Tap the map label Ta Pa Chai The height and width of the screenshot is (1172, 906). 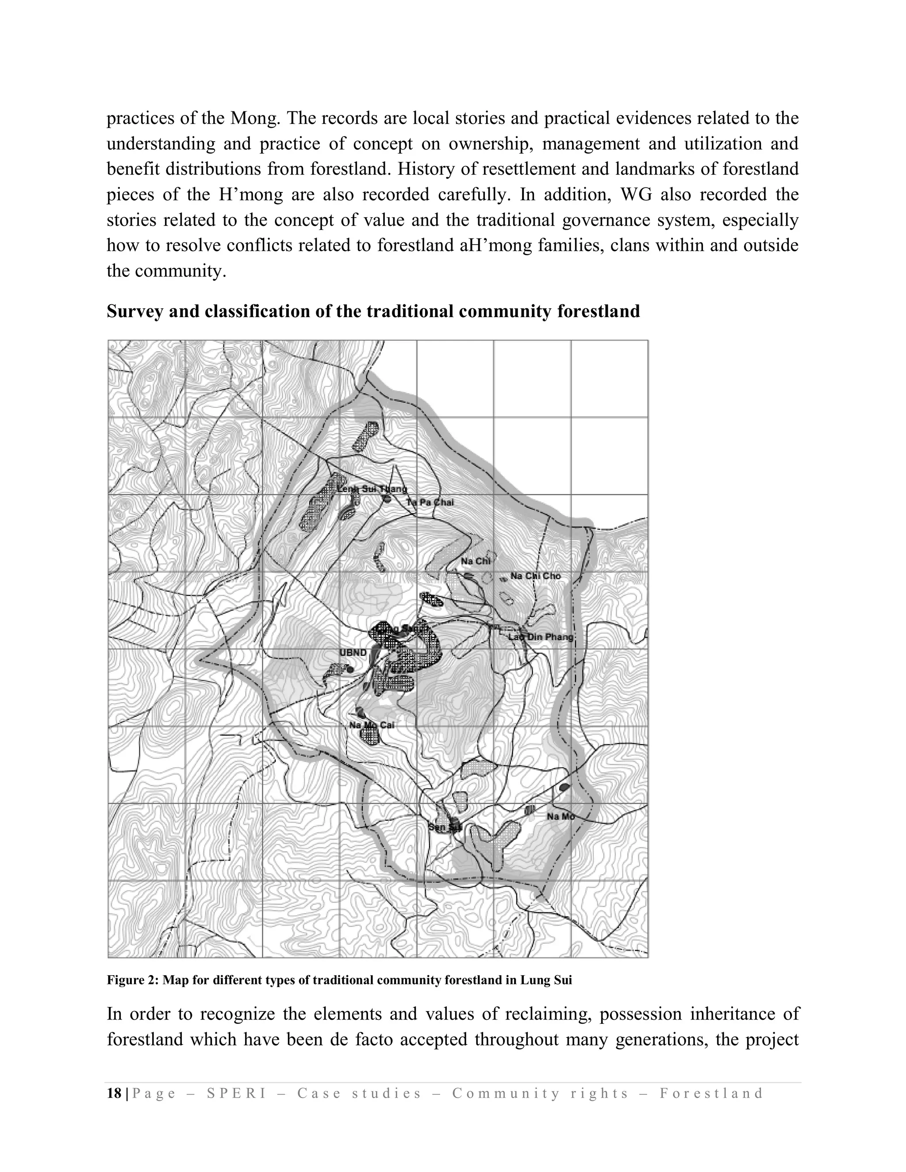pos(430,502)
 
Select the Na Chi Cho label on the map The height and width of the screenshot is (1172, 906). pos(535,576)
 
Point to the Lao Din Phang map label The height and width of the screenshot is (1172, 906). pos(541,637)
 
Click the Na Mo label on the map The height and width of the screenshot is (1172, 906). pos(560,816)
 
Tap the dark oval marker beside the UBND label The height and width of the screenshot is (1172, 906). pos(350,670)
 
